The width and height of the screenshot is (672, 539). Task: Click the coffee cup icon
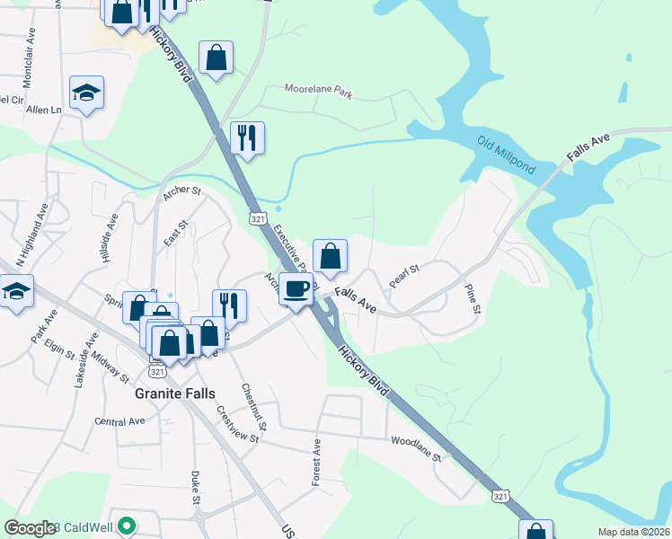296,287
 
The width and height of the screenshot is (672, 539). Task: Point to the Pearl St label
404,276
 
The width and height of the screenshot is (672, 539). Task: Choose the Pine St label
473,297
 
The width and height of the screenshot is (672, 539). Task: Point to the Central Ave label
119,420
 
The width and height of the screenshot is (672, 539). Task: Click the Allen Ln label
43,110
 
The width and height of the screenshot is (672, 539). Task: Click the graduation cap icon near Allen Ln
87,92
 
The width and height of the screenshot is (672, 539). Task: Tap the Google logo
30,528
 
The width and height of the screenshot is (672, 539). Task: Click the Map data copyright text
633,532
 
